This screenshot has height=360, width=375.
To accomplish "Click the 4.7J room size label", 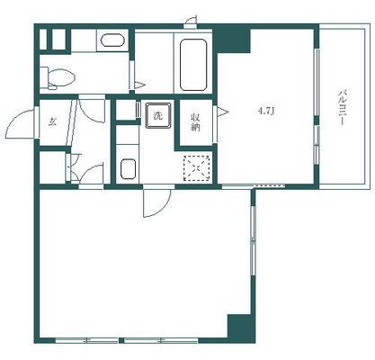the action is (x=266, y=112).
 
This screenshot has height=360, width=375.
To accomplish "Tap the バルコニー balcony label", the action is (x=342, y=107).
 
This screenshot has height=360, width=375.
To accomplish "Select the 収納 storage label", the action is (x=195, y=122).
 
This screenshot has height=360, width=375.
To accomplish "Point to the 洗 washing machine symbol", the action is (x=158, y=115).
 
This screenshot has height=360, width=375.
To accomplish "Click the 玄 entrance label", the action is (x=53, y=121).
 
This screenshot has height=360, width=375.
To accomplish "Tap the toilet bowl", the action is (x=58, y=79).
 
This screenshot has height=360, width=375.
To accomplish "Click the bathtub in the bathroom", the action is (x=193, y=66).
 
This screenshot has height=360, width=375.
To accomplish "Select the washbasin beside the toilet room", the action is (x=112, y=40).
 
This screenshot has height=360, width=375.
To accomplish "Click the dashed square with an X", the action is (x=197, y=168).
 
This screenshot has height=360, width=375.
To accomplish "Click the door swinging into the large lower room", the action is (x=156, y=202).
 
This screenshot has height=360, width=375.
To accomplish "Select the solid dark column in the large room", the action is (x=239, y=327).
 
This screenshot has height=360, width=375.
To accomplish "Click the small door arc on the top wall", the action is (x=190, y=22).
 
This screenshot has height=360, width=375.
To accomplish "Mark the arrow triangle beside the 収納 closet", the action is (x=223, y=112).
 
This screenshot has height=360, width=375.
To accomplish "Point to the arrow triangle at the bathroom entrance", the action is (x=139, y=85).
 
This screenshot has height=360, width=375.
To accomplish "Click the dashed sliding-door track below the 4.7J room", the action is (x=269, y=186).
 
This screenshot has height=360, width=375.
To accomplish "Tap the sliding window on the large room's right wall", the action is (x=254, y=240).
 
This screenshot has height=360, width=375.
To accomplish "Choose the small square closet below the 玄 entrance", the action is (x=52, y=167).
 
